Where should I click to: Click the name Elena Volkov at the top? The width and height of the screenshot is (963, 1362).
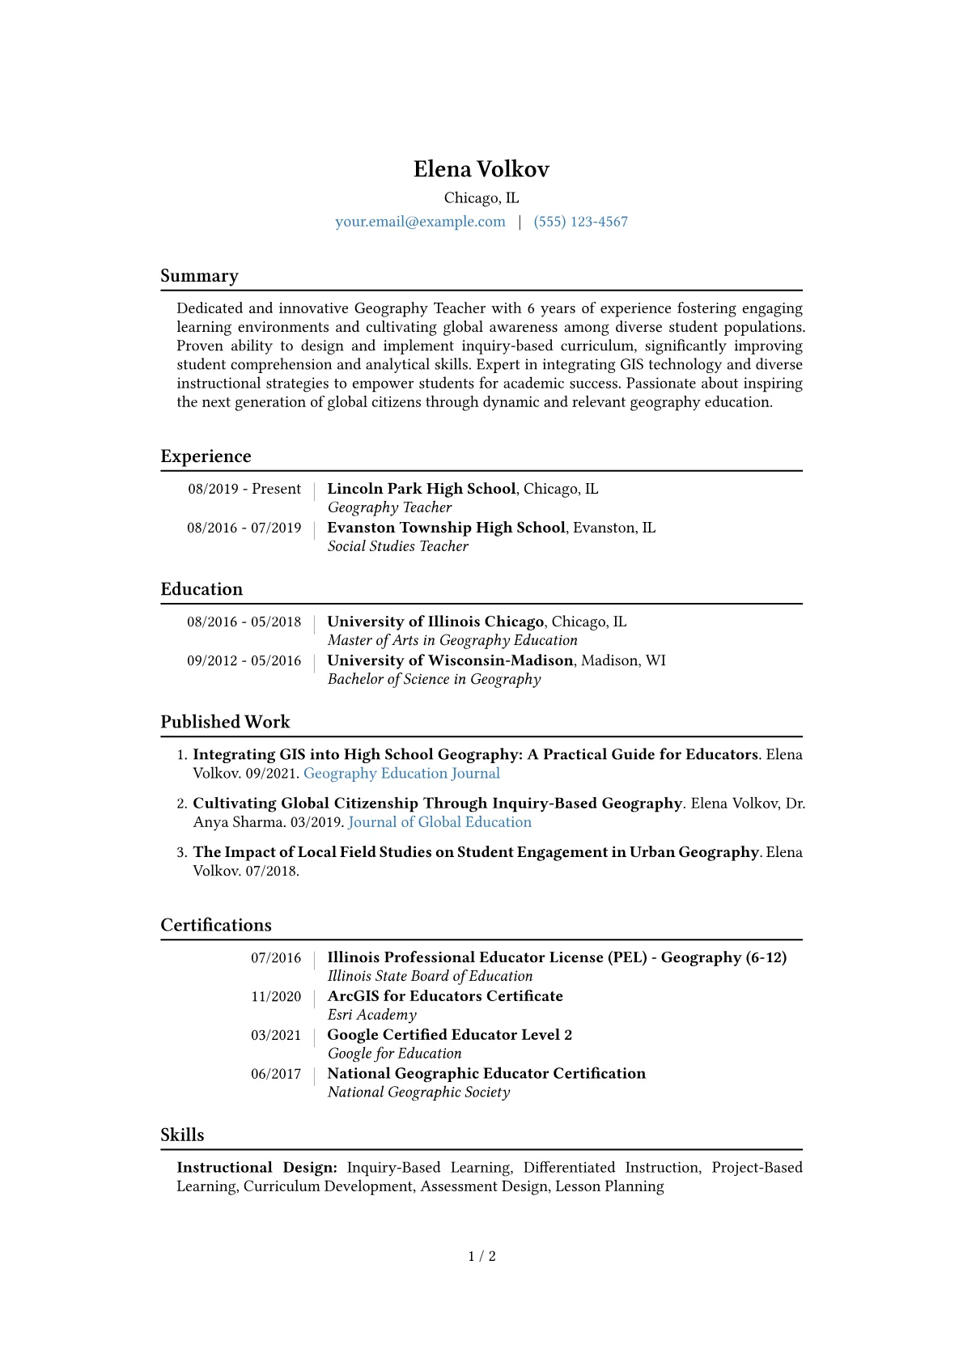click(481, 169)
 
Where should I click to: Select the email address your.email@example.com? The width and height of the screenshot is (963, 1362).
click(420, 222)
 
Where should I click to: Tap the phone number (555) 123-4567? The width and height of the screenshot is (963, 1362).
click(580, 222)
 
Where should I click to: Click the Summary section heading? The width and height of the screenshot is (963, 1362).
click(199, 276)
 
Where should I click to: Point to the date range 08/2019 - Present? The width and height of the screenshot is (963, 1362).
click(244, 489)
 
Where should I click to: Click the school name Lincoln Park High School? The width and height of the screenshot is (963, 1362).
click(421, 489)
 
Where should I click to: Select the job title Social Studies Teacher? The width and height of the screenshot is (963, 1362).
click(397, 546)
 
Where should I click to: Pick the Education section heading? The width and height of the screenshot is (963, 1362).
click(202, 589)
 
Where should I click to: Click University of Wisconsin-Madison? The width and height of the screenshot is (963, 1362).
click(450, 660)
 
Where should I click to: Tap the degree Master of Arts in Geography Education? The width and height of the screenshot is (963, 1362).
click(452, 640)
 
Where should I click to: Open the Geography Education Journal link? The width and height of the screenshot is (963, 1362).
click(401, 774)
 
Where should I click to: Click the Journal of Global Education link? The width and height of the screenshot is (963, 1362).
click(439, 822)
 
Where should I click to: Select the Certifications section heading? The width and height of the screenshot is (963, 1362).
click(216, 925)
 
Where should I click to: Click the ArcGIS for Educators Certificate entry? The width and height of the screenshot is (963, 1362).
click(444, 996)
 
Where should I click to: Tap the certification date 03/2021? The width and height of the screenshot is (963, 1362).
click(275, 1035)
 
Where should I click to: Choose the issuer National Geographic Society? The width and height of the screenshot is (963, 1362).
click(418, 1093)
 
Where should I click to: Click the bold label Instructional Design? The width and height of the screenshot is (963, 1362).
click(257, 1168)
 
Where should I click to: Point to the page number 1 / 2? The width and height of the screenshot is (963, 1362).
click(481, 1256)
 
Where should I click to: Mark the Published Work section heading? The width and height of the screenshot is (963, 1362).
click(225, 722)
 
